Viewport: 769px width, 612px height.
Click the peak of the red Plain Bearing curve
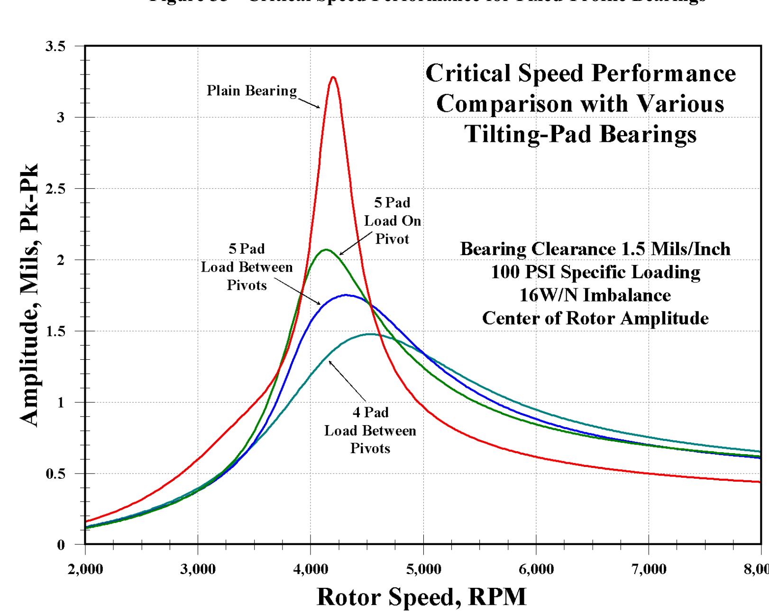pos(333,77)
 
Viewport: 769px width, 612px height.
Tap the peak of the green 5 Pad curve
pos(326,249)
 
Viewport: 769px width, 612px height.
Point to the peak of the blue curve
pos(346,295)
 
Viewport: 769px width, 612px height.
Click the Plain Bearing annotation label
pos(252,91)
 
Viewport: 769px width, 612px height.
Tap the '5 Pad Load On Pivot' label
pos(393,221)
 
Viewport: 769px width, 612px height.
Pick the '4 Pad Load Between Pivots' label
pos(370,430)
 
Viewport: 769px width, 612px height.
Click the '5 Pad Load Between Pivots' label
pos(247,267)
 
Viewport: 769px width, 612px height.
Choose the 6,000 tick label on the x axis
pos(536,569)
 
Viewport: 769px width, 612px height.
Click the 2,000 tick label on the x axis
pos(85,569)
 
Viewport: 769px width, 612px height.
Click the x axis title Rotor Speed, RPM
pos(421,597)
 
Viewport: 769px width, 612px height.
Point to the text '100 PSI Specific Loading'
pos(595,272)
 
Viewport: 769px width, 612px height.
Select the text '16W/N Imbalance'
pos(595,295)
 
